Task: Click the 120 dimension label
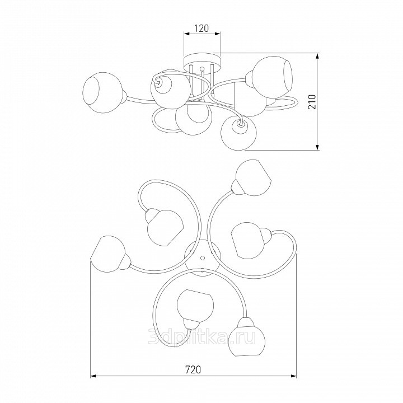tap(201, 28)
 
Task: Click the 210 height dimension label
tap(312, 101)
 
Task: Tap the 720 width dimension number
tap(193, 369)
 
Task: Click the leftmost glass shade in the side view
tap(103, 92)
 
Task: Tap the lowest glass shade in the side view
tap(238, 133)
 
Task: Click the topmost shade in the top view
tap(253, 178)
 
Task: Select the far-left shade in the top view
tap(108, 253)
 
